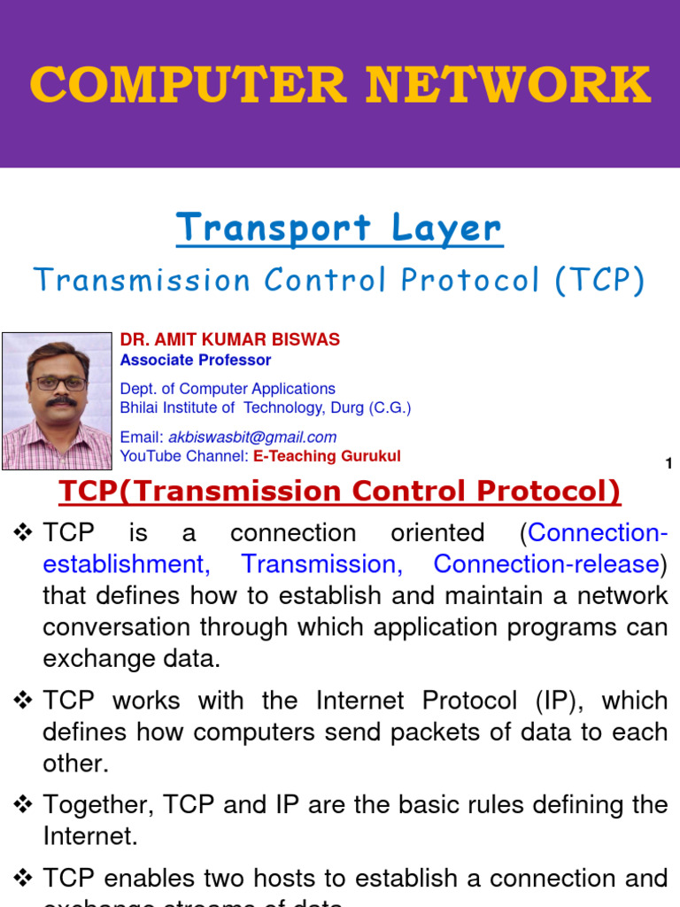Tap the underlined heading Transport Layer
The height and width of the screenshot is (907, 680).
coord(339,228)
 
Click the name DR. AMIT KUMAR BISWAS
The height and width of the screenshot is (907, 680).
coord(229,340)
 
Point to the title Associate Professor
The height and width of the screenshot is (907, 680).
coord(196,360)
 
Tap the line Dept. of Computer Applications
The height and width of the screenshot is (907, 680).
coord(228,389)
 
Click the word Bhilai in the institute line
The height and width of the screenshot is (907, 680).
coord(142,407)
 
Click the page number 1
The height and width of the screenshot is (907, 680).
coord(668,463)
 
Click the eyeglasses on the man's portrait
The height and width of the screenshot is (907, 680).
coord(60,384)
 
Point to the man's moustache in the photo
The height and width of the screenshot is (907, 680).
coord(60,401)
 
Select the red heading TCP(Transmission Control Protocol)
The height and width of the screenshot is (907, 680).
coord(339,491)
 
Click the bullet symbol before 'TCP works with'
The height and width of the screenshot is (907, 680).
coord(23,701)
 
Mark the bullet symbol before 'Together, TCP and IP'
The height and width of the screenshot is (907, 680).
coord(23,804)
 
